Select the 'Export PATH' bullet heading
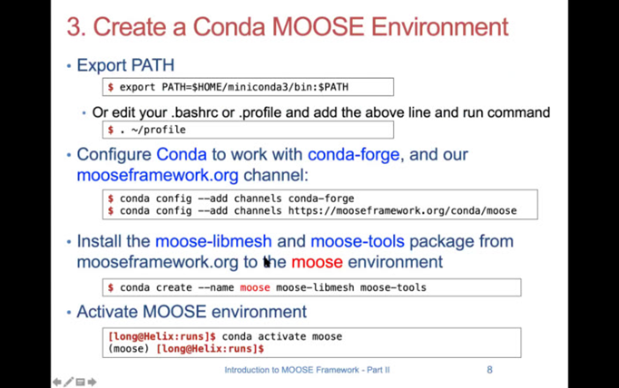[x=125, y=65]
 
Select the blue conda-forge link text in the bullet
[x=353, y=155]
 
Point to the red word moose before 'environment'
[x=317, y=262]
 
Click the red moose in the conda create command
[x=255, y=288]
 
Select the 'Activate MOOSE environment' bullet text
[x=192, y=312]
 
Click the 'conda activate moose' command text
[x=282, y=336]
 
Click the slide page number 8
[x=490, y=370]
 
